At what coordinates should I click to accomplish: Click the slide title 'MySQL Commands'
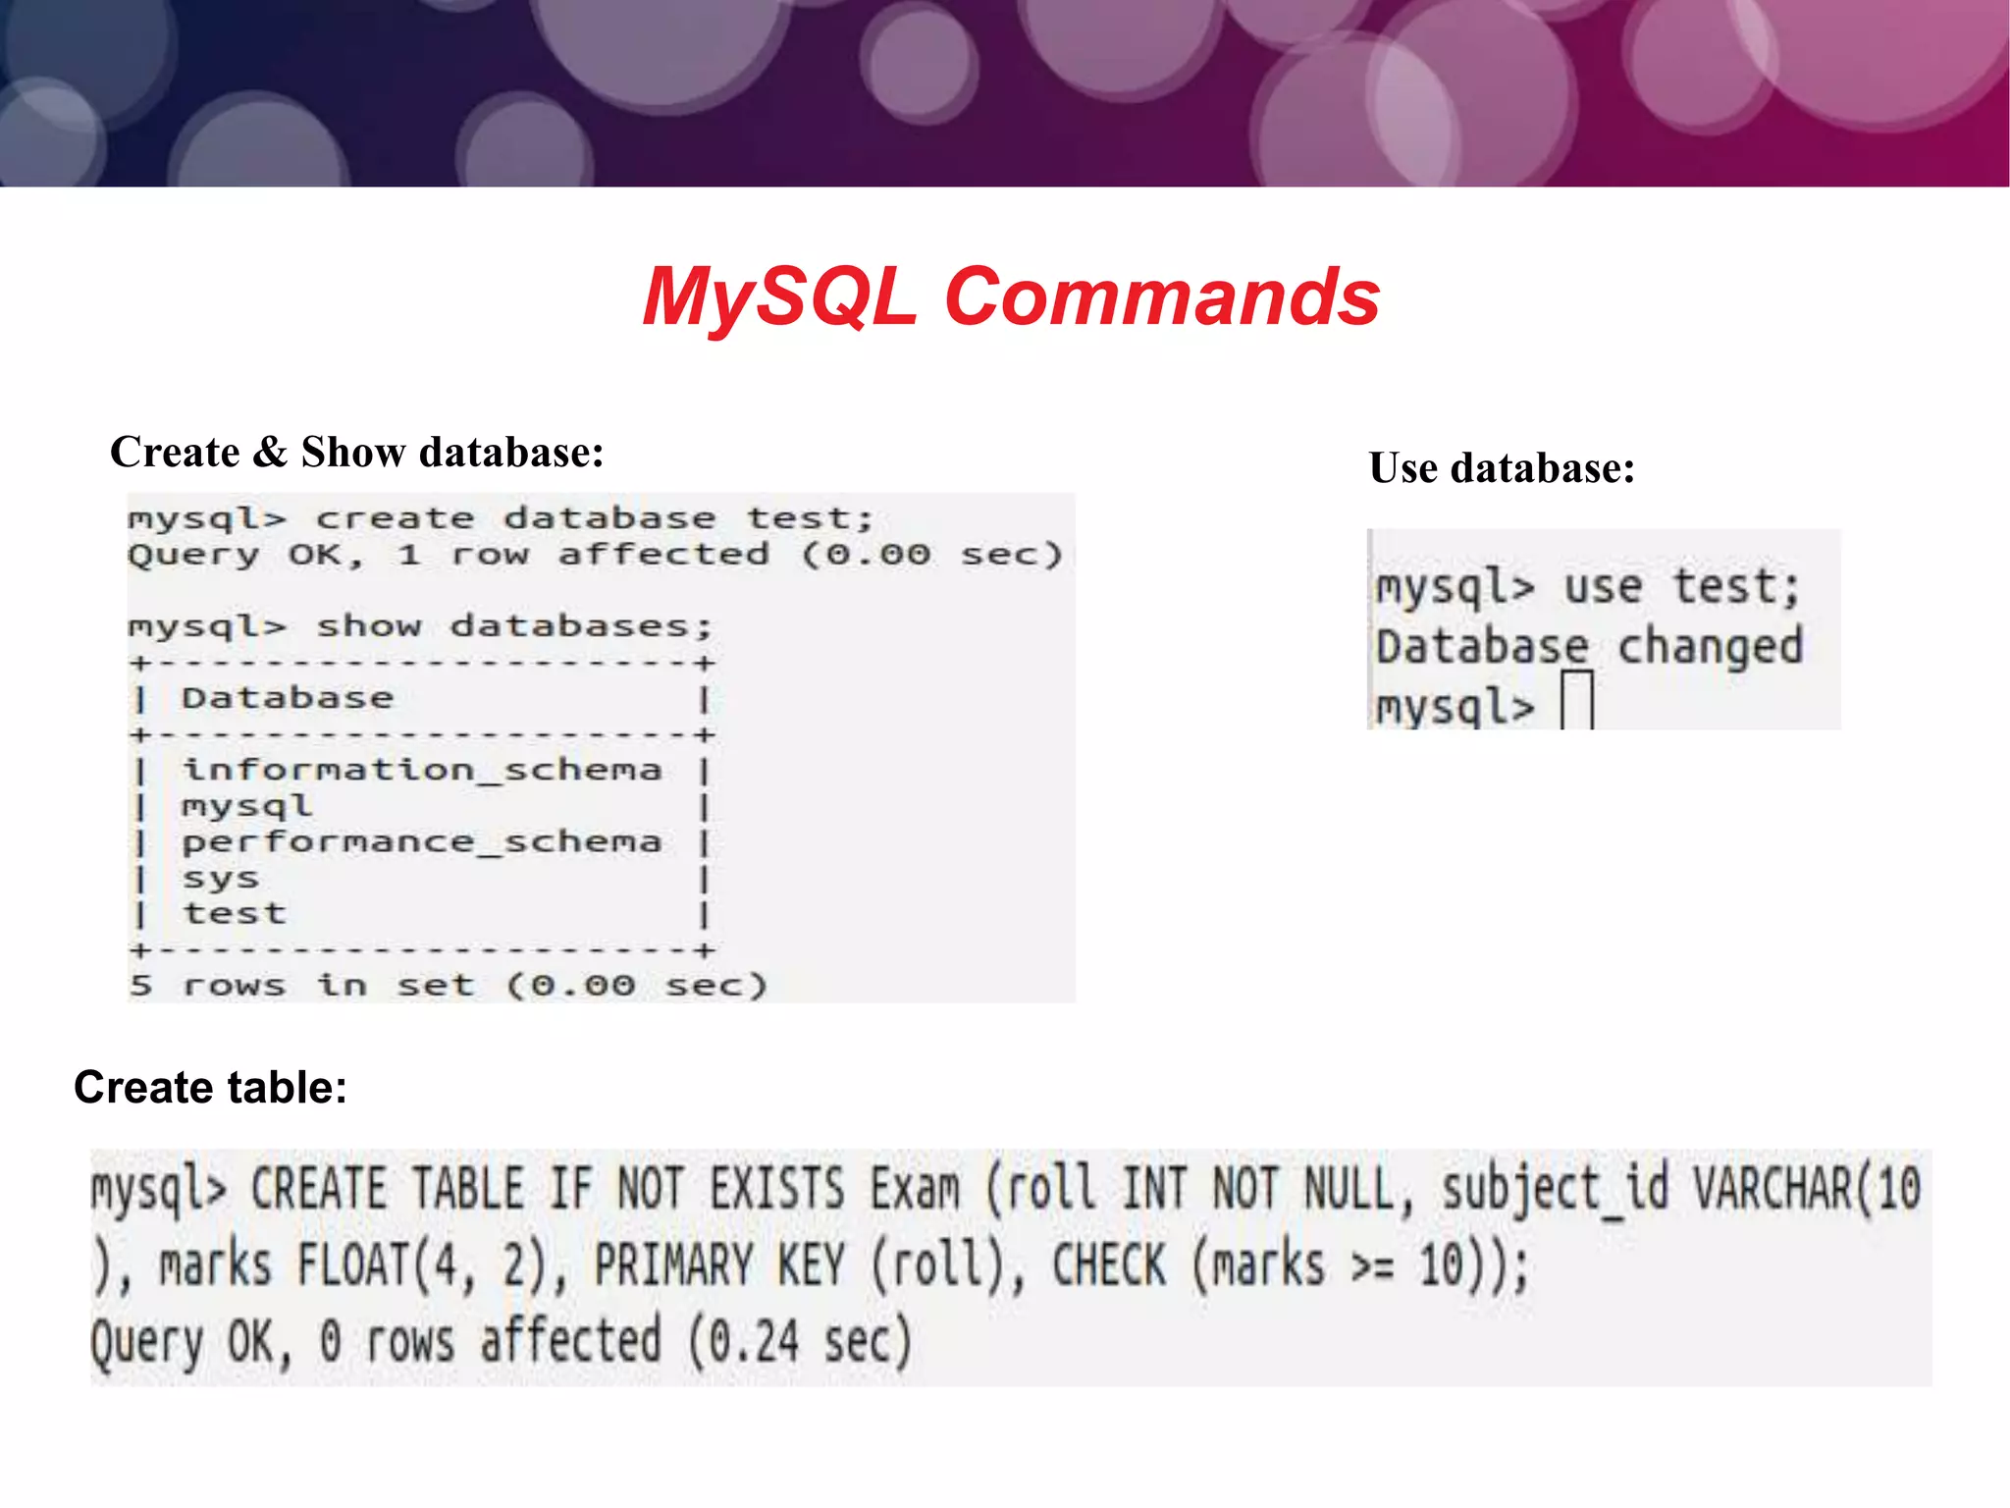[1011, 297]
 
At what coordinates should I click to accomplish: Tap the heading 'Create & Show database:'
[356, 453]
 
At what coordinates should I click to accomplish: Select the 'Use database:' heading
[1502, 468]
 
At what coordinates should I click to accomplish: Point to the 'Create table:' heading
[210, 1088]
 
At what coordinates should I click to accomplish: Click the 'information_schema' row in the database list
[422, 770]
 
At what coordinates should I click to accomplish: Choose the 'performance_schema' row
[422, 842]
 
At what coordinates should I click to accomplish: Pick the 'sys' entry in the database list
[221, 878]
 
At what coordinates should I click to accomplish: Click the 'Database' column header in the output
[288, 698]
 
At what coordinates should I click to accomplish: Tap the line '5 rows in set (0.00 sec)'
[448, 985]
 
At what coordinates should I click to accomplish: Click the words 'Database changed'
[1589, 647]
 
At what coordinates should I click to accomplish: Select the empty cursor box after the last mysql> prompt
[1576, 700]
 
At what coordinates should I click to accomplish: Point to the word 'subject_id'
[1555, 1189]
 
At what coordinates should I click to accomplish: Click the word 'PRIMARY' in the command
[673, 1265]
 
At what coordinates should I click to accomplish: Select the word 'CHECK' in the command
[1109, 1265]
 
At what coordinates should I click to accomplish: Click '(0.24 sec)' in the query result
[799, 1342]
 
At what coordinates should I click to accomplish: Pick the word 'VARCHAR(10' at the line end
[1807, 1189]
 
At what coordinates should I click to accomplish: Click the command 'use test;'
[1681, 588]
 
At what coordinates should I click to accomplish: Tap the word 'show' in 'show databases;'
[369, 626]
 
